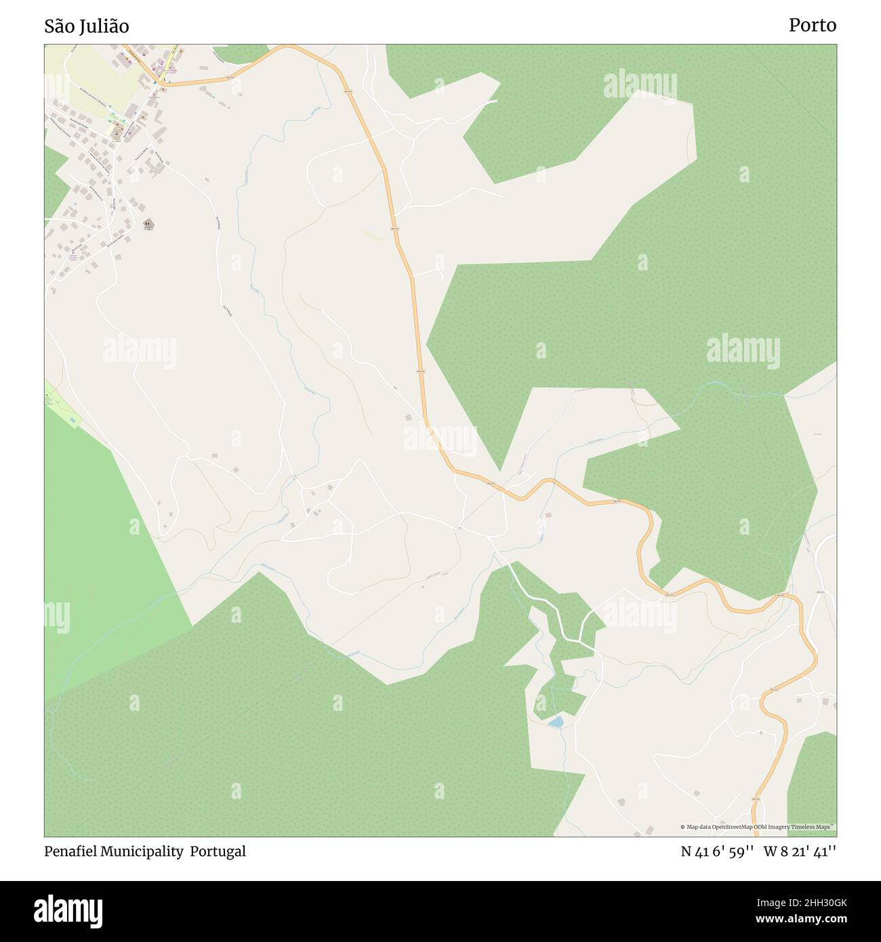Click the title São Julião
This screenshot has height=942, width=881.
(87, 26)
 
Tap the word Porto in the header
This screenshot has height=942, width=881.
(812, 26)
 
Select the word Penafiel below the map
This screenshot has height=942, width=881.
(73, 851)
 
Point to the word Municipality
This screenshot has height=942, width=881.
(142, 851)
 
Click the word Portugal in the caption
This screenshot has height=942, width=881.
(218, 851)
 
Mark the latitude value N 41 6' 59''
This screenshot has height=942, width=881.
(717, 852)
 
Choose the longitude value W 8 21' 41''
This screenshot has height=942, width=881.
(800, 852)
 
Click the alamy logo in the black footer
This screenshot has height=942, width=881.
(68, 910)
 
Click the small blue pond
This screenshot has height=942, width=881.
(556, 722)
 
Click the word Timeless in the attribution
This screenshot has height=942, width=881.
(802, 827)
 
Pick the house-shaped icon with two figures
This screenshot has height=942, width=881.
(148, 224)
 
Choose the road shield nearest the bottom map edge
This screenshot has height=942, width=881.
(756, 800)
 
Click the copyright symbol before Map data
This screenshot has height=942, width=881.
(682, 827)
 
